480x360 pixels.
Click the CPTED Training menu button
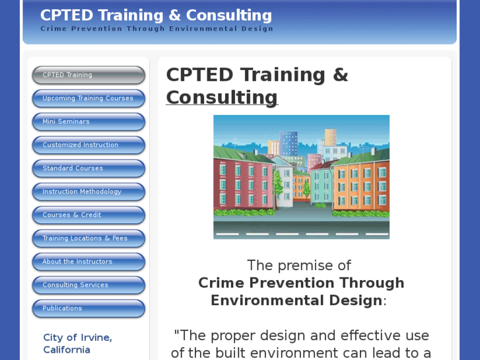(88, 75)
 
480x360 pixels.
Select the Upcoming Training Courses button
(88, 98)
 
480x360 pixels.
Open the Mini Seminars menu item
(88, 122)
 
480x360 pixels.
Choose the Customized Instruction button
(88, 145)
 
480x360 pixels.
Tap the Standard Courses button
(88, 168)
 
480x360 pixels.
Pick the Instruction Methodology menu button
(88, 192)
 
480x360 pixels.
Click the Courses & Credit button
(88, 215)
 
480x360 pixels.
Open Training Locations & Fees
(88, 238)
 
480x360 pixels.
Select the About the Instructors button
(88, 262)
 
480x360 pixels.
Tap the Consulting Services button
(88, 285)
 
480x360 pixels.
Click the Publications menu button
(88, 308)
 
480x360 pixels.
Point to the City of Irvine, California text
(77, 343)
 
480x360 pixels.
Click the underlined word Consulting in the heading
(222, 98)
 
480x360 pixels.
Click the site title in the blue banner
(156, 15)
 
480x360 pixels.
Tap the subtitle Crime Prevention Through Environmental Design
(156, 29)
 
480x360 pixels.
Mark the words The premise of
(298, 266)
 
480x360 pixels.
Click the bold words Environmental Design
(296, 301)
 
